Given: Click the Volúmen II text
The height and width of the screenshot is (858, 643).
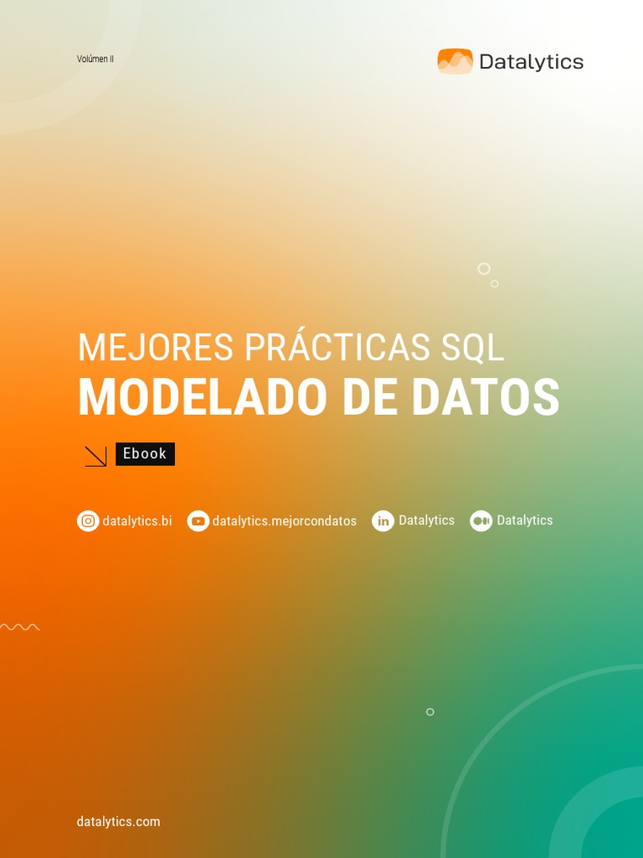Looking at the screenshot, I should pyautogui.click(x=95, y=59).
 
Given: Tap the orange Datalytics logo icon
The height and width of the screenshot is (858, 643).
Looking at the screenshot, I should pyautogui.click(x=455, y=61).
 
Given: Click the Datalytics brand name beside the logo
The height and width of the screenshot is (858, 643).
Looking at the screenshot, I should pyautogui.click(x=531, y=62).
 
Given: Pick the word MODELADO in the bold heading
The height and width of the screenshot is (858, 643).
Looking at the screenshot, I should pyautogui.click(x=202, y=398).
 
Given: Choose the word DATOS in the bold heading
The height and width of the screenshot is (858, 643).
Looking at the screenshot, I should pyautogui.click(x=485, y=398).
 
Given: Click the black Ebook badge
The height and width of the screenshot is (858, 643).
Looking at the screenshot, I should pyautogui.click(x=145, y=453).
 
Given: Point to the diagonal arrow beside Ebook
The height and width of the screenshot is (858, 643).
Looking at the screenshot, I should pyautogui.click(x=95, y=456).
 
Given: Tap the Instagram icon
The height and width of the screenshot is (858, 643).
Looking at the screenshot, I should pyautogui.click(x=88, y=521).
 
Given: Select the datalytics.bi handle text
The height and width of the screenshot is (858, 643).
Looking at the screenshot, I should pyautogui.click(x=137, y=521).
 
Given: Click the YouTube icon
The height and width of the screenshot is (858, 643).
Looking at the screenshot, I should pyautogui.click(x=198, y=521).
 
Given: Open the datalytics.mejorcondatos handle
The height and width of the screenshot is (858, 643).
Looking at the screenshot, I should pyautogui.click(x=285, y=521).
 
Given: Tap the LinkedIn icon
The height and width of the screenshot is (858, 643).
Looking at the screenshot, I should pyautogui.click(x=383, y=521).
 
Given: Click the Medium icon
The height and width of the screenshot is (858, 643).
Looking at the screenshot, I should pyautogui.click(x=481, y=521).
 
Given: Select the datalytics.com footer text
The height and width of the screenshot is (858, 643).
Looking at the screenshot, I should pyautogui.click(x=118, y=821).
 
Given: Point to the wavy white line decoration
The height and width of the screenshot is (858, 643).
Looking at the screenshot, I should pyautogui.click(x=19, y=627).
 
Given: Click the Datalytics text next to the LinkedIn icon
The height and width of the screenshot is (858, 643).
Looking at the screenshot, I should pyautogui.click(x=426, y=520).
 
